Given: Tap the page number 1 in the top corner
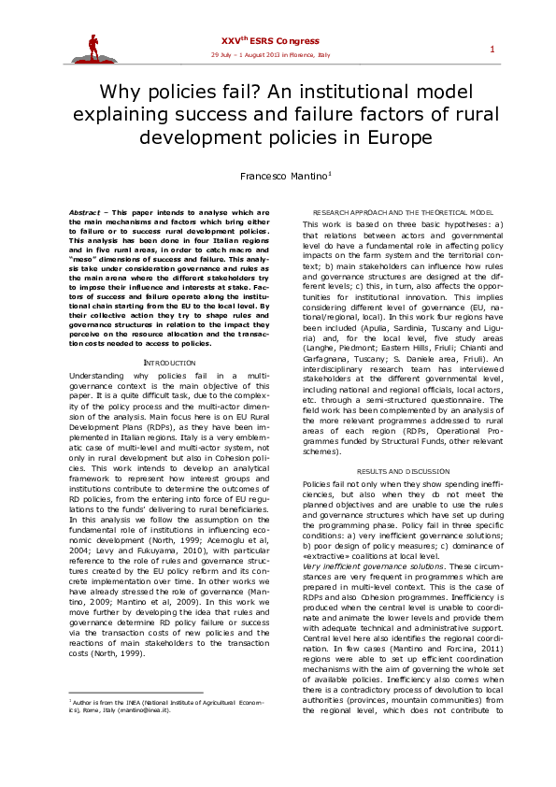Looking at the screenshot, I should coord(492,49).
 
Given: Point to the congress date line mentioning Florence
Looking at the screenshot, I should coord(270,55).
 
